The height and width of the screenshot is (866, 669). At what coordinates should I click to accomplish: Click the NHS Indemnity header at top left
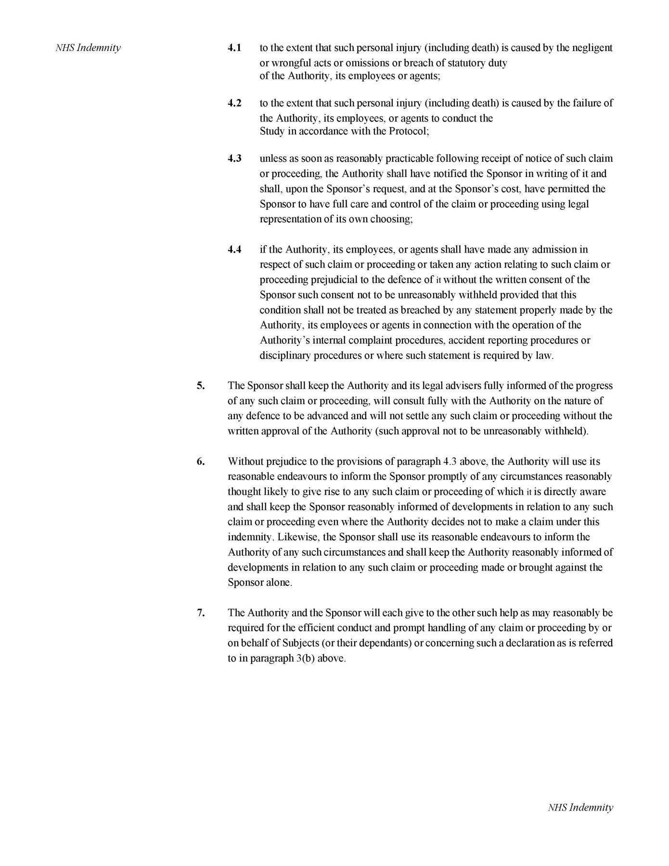pos(88,48)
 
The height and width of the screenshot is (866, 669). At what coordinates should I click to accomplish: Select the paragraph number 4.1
pos(234,48)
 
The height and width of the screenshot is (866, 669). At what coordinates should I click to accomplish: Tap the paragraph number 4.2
pos(234,103)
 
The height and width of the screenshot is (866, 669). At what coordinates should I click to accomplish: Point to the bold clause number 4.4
pos(234,249)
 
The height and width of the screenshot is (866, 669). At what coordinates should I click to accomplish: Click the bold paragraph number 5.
pos(200,385)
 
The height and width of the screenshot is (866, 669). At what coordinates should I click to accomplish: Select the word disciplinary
pos(285,356)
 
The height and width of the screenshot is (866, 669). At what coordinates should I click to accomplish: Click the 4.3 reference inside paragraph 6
pos(449,461)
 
